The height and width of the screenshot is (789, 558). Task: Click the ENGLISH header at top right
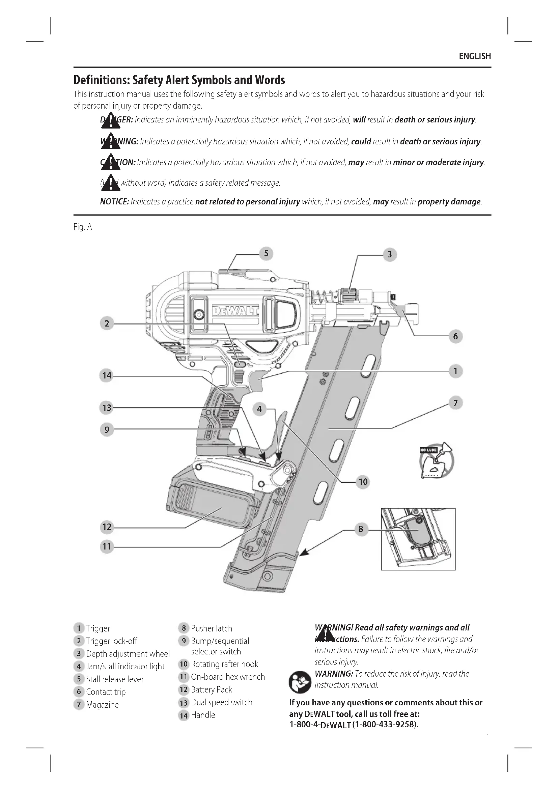(x=475, y=56)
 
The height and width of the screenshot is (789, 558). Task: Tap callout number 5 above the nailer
(x=266, y=254)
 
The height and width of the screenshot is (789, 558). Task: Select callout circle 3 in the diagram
(x=389, y=255)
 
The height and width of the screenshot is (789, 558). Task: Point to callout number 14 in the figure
(x=107, y=375)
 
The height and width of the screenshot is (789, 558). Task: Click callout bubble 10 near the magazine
(x=363, y=482)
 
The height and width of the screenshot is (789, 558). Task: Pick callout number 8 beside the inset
(x=361, y=529)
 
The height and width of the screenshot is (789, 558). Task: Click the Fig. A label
(x=82, y=227)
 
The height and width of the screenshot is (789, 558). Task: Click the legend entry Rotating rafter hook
(x=224, y=664)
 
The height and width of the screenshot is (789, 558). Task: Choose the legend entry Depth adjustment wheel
(x=128, y=654)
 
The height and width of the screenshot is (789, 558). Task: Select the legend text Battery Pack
(x=211, y=689)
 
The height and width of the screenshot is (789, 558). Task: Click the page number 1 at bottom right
(x=489, y=737)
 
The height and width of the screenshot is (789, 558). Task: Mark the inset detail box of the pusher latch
(x=418, y=539)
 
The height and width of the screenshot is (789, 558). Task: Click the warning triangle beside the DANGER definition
(x=111, y=121)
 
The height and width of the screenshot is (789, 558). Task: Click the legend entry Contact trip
(x=106, y=692)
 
